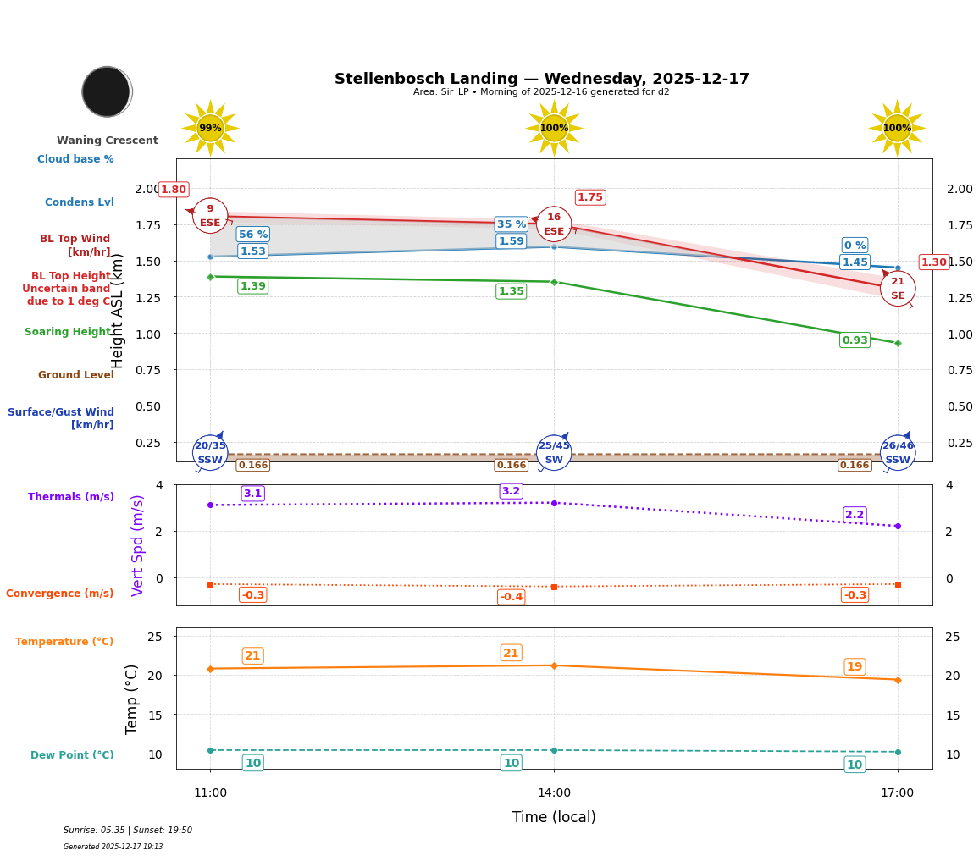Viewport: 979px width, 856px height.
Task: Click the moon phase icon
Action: click(107, 91)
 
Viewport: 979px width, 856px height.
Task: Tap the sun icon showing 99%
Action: click(210, 128)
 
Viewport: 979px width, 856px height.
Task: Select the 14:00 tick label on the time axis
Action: click(554, 793)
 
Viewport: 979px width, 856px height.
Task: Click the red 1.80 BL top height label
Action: click(173, 190)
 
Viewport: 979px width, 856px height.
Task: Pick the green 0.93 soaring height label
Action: click(855, 340)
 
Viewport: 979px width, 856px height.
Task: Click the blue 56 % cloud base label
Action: click(252, 235)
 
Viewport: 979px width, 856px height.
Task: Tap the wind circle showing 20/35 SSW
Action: click(210, 453)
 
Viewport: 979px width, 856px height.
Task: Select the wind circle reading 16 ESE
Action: click(554, 224)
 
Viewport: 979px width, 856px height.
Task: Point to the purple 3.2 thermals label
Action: click(511, 491)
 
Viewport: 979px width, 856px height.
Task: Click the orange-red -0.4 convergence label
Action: click(511, 597)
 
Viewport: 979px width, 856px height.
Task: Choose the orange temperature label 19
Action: click(855, 667)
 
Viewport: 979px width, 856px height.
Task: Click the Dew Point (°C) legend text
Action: click(72, 755)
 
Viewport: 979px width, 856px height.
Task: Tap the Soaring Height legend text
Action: click(68, 332)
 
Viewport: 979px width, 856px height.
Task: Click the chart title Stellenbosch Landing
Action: click(541, 79)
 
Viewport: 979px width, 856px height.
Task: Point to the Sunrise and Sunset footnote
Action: click(128, 831)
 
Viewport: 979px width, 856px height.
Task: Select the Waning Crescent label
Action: click(107, 141)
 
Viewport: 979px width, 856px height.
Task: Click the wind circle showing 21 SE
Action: click(898, 289)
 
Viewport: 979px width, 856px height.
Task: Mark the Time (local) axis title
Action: click(554, 817)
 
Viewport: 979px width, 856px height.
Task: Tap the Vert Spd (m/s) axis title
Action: click(138, 545)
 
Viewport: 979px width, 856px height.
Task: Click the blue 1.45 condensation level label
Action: click(855, 262)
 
